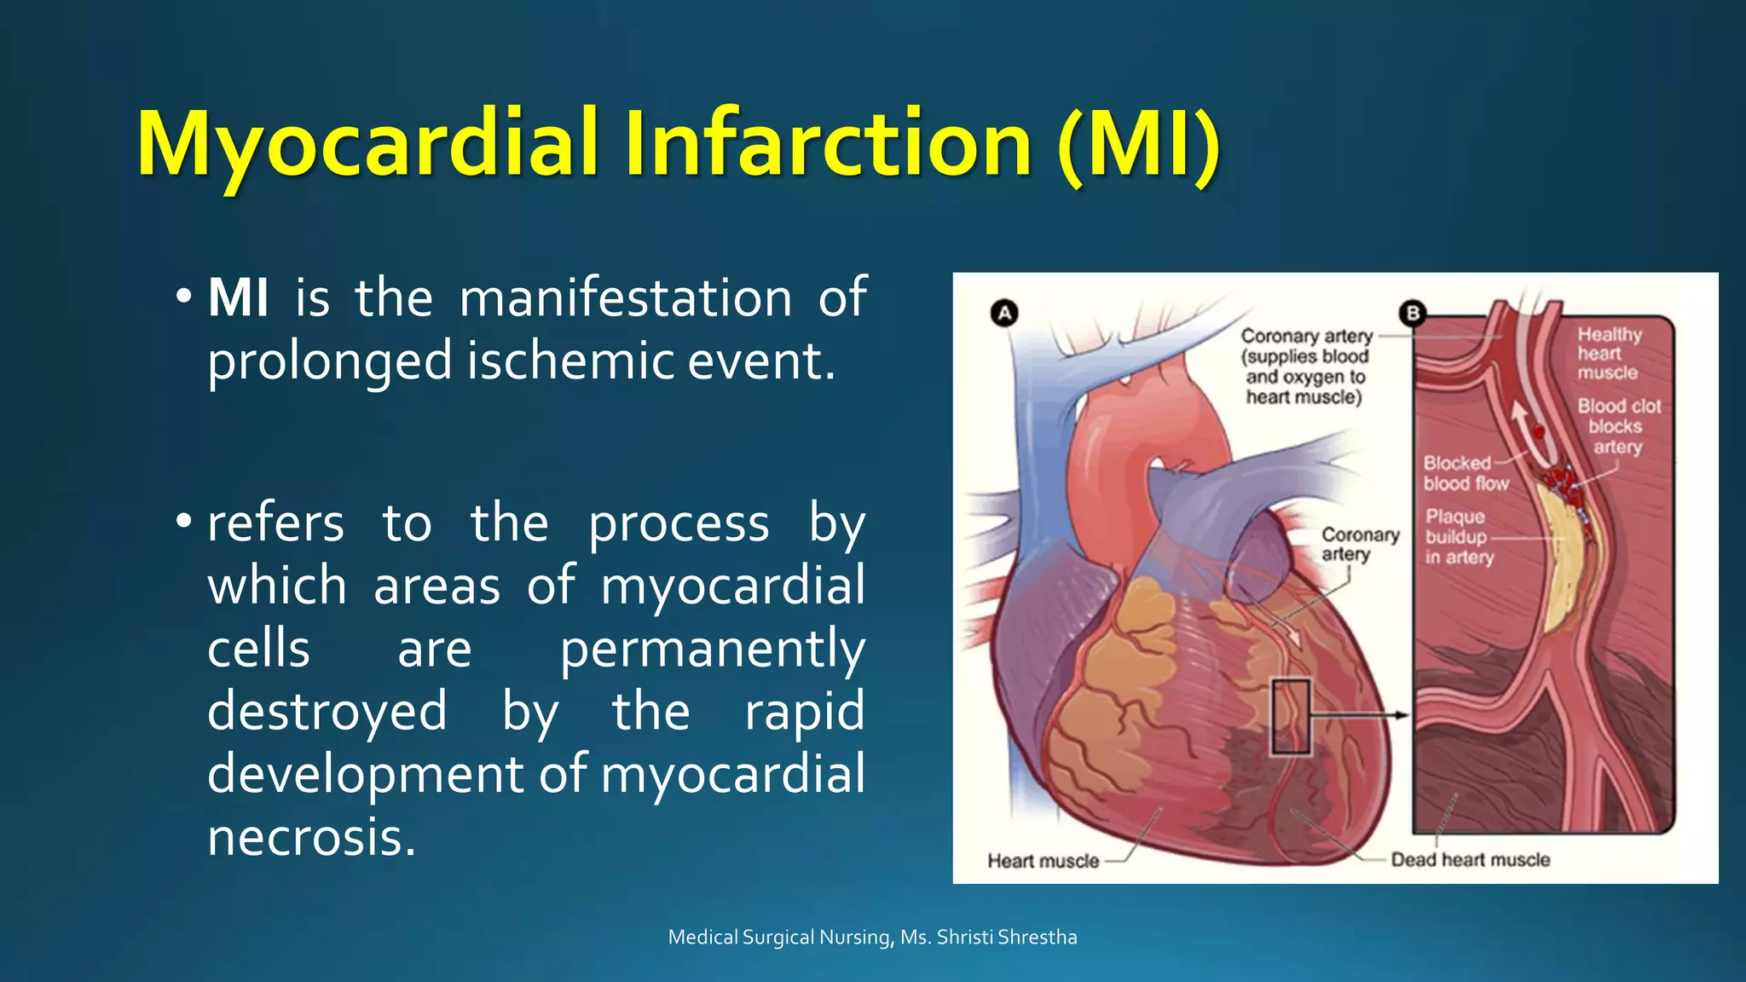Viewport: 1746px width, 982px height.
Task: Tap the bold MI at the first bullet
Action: tap(238, 298)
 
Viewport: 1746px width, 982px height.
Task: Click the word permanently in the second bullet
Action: tap(712, 650)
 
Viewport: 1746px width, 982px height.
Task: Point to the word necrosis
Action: tap(311, 837)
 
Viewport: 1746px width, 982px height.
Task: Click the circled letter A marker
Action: tap(1005, 314)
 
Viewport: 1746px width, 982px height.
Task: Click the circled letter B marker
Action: tap(1413, 314)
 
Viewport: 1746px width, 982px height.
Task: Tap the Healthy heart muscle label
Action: tap(1608, 353)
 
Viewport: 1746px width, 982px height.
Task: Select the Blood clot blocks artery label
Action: tap(1618, 426)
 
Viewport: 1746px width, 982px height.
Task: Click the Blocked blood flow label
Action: tap(1465, 473)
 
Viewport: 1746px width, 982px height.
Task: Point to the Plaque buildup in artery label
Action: tap(1459, 537)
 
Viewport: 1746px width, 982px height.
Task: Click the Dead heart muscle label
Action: tap(1471, 859)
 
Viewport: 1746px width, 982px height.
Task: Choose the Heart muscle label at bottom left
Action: tap(1043, 861)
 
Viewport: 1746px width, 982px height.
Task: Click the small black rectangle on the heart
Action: tap(1291, 716)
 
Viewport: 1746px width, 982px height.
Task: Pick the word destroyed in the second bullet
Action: tap(327, 712)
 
